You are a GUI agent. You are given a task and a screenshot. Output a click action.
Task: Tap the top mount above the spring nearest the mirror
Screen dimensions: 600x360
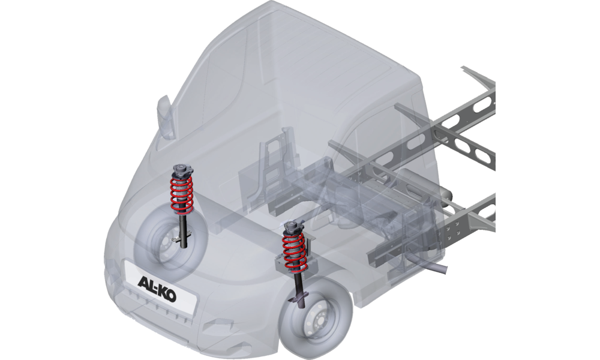click(182, 170)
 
